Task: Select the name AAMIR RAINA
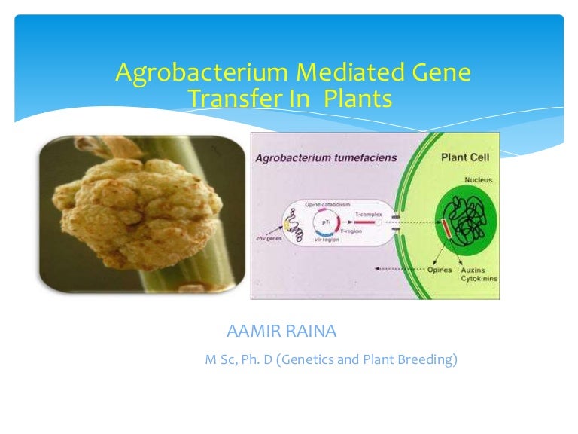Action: (287, 332)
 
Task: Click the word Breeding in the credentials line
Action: (428, 360)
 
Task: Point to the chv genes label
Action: (270, 239)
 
